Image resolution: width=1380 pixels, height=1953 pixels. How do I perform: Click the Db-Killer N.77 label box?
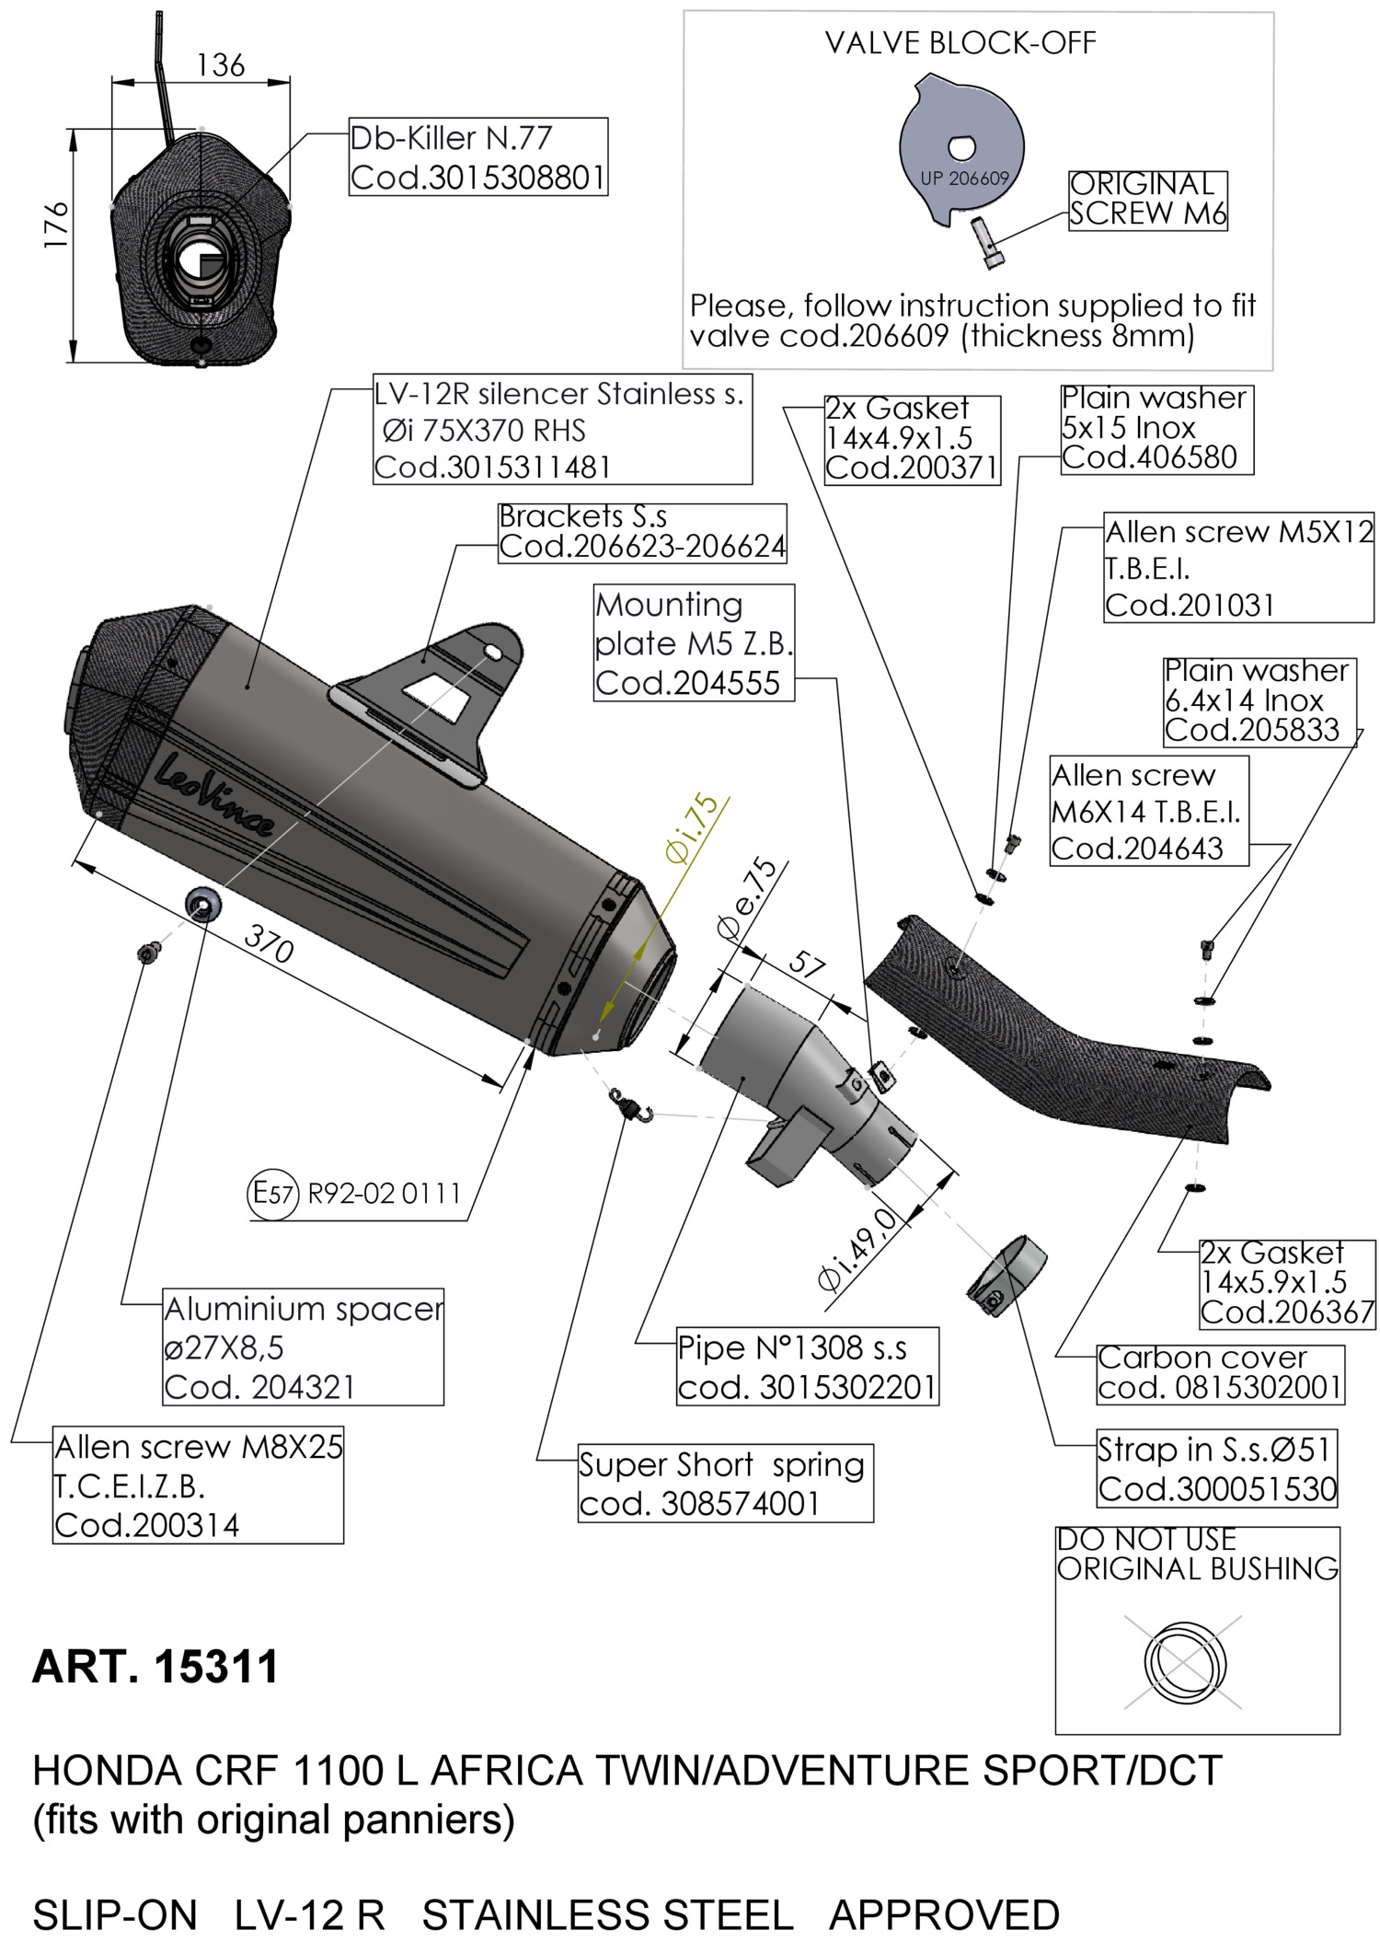tap(477, 156)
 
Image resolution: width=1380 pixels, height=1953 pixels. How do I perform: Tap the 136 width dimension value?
tap(221, 65)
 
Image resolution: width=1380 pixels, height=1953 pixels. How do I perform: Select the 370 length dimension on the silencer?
tap(269, 943)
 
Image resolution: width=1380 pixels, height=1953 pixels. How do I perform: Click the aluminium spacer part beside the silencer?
tap(202, 905)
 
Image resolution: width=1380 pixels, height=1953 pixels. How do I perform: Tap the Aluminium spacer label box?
tap(303, 1346)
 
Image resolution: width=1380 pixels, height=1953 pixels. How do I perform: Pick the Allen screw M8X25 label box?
tap(198, 1485)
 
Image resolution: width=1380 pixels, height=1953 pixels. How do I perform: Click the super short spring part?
tap(631, 1104)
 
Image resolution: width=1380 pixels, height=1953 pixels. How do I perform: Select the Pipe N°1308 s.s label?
tap(807, 1367)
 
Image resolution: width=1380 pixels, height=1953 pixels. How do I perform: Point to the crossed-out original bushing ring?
tap(1184, 1662)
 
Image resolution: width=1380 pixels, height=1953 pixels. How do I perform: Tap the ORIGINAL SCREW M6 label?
tap(1147, 200)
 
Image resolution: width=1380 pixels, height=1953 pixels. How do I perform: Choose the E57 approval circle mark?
tap(273, 1194)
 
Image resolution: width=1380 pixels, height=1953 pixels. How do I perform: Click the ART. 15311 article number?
tap(155, 1667)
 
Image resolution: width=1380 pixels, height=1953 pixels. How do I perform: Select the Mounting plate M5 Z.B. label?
tap(694, 643)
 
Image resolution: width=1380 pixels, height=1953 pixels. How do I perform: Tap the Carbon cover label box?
tap(1220, 1374)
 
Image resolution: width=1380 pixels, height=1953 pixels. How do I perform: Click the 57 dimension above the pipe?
tap(806, 964)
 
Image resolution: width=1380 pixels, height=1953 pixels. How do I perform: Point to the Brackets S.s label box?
tap(642, 532)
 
